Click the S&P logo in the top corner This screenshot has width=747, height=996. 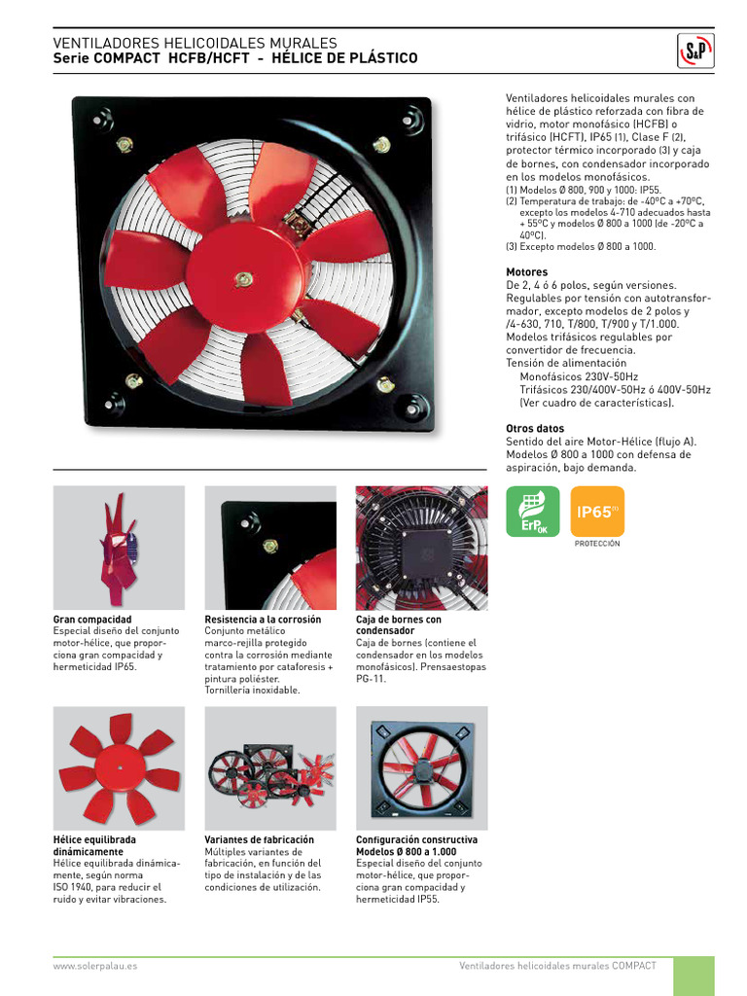pos(694,51)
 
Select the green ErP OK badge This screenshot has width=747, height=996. pos(533,512)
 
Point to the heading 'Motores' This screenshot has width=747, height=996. pos(526,272)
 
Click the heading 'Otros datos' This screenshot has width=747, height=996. pos(535,429)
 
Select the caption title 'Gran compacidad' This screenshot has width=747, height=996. pos(92,620)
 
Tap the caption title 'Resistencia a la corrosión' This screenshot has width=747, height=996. pos(263,620)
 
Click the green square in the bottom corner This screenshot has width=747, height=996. pos(694,976)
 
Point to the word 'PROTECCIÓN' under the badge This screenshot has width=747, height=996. pos(597,544)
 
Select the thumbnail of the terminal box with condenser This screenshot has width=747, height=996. pos(422,548)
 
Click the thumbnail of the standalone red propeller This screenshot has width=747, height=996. pos(119,767)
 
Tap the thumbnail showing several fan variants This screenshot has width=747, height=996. pos(270,767)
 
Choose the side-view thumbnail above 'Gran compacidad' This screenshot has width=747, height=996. pos(119,548)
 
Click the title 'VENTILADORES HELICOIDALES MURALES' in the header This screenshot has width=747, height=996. pos(195,44)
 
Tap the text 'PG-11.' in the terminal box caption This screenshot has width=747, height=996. pos(372,679)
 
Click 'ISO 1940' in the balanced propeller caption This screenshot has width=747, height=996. pos(76,887)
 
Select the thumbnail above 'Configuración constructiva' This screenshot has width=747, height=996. pos(422,767)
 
